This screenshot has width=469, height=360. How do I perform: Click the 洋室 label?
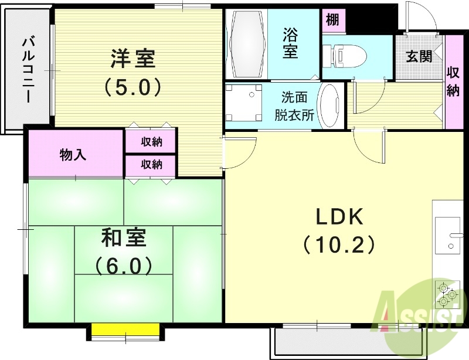coord(132,59)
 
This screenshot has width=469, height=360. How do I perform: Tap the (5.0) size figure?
coord(132,88)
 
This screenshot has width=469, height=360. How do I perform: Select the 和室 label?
coord(124,238)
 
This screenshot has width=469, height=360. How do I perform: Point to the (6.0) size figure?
coord(124,267)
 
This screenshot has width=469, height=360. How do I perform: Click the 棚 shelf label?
coord(332,20)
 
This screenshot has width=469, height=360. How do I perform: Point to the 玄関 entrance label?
coord(419,56)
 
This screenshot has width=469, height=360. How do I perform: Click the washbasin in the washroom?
coord(331,106)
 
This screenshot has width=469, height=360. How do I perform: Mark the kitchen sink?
coord(447,235)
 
